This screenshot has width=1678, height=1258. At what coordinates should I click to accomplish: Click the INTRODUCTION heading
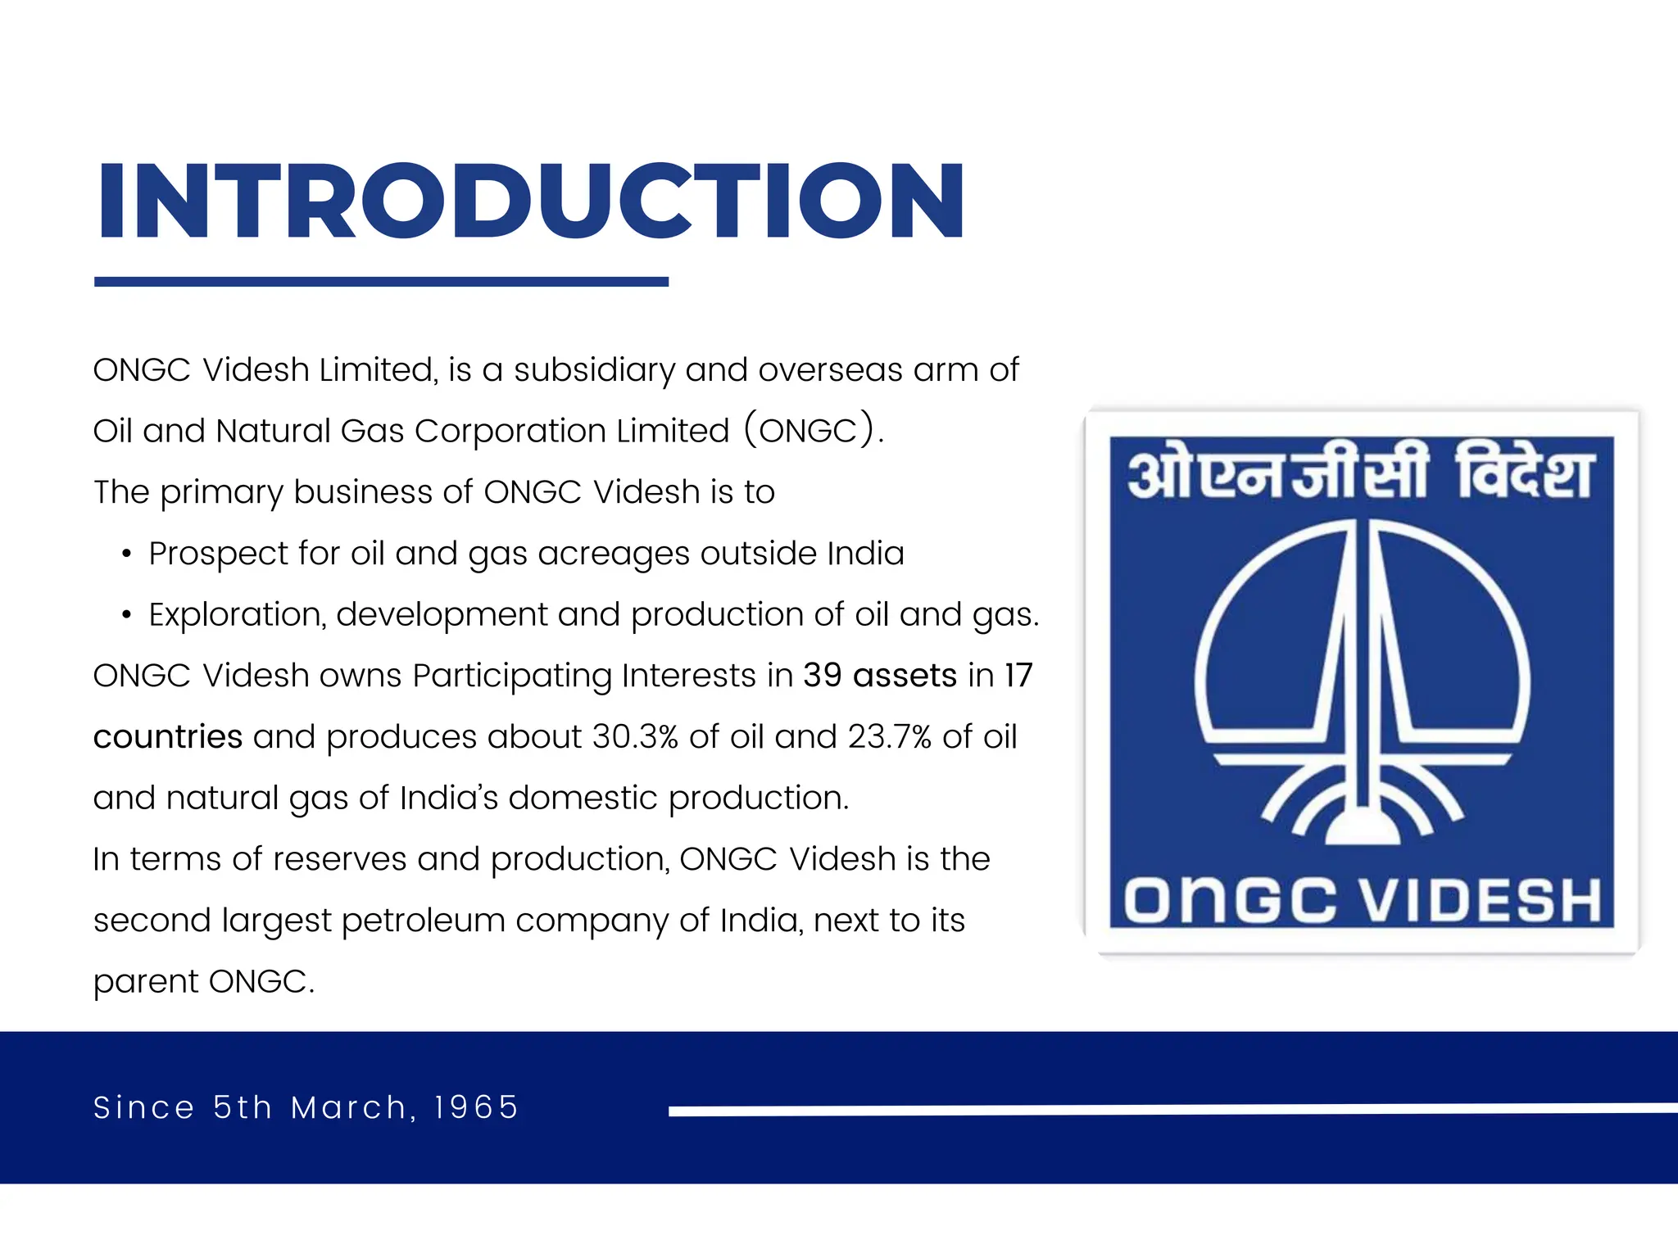531,201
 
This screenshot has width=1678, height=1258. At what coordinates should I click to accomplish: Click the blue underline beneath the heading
381,282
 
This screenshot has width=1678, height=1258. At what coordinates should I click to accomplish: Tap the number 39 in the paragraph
822,676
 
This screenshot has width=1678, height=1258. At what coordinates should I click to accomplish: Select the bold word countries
168,737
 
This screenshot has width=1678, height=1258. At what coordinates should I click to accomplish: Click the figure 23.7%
890,737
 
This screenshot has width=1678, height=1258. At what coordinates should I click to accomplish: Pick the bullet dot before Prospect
126,554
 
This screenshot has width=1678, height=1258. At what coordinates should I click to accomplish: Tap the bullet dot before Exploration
126,616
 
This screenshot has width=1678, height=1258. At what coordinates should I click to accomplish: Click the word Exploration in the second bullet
237,614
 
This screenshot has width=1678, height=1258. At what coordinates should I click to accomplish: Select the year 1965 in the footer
476,1107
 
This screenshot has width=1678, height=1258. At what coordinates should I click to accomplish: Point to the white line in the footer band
1172,1110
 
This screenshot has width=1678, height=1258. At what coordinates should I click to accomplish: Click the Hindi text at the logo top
1360,473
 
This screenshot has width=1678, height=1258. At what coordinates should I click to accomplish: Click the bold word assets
905,676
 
